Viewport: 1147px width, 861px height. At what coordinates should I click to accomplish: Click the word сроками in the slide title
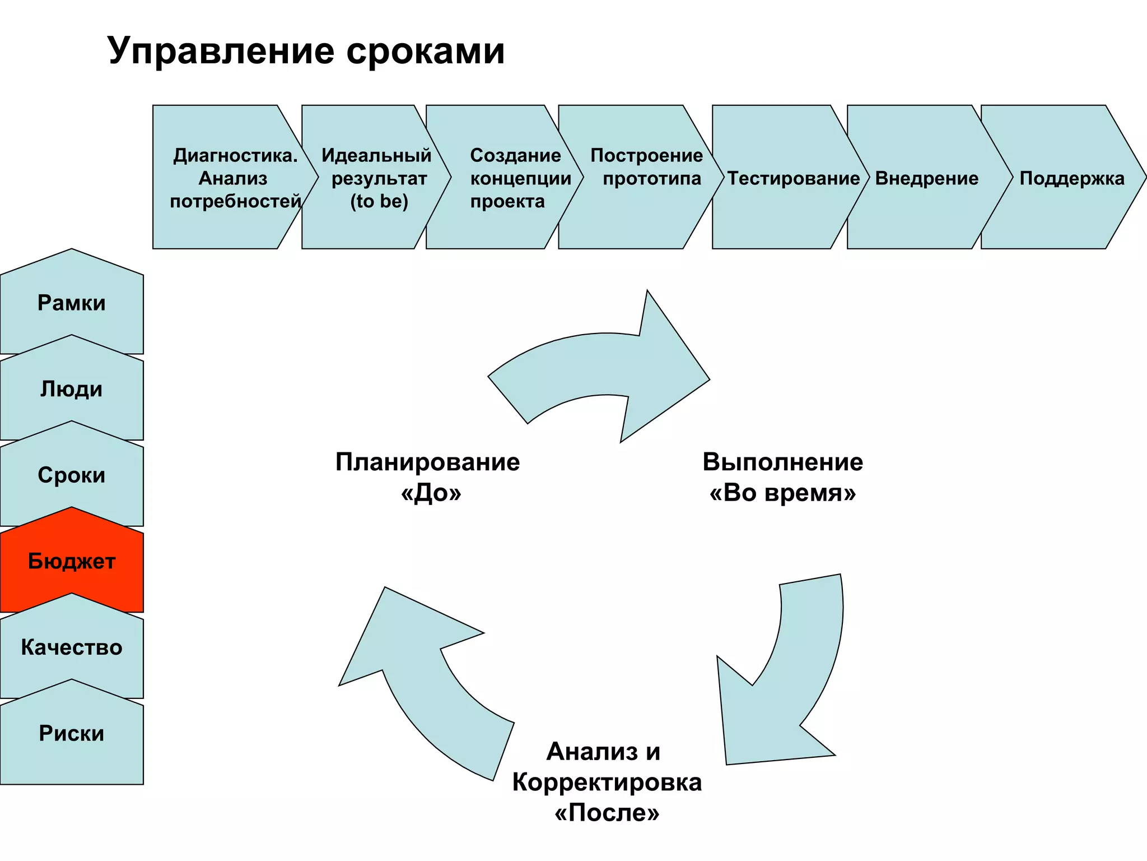(425, 52)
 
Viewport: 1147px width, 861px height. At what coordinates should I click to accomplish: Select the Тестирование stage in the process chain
(792, 178)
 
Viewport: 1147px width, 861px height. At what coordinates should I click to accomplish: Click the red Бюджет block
(72, 561)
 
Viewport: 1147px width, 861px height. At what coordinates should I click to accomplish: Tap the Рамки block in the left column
(72, 303)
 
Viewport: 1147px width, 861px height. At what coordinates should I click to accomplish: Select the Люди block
(72, 389)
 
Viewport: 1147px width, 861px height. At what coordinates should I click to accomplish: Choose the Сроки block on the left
(72, 475)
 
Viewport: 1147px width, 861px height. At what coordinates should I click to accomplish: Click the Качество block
(72, 647)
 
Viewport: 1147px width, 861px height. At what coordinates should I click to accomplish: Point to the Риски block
(72, 734)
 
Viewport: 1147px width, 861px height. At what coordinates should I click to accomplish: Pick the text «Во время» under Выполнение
(783, 493)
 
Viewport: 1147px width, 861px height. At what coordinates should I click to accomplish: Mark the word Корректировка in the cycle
(607, 783)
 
